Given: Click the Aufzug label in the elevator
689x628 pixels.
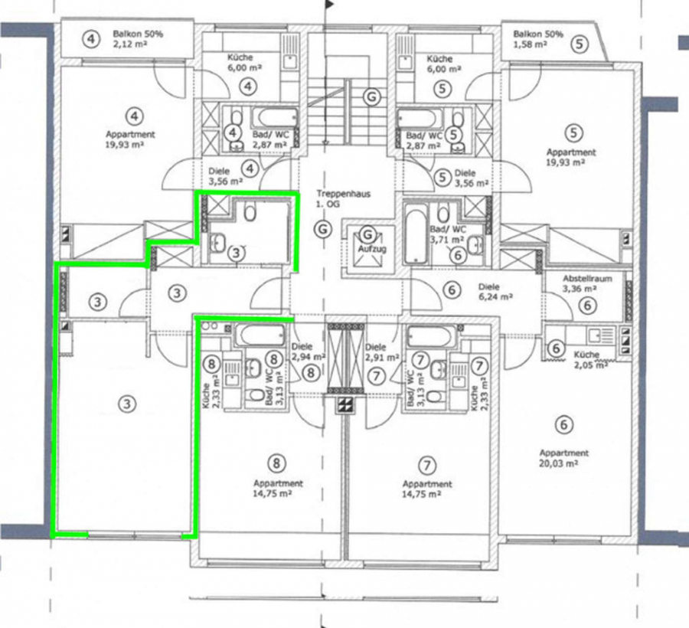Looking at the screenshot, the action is click(x=372, y=249).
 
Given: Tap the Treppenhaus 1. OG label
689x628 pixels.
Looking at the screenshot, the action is click(x=338, y=198).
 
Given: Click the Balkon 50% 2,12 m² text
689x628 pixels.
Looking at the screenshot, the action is click(x=138, y=38).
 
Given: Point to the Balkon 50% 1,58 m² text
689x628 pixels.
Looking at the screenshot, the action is click(x=538, y=39).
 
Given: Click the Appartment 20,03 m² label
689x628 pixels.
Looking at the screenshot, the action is click(x=563, y=458).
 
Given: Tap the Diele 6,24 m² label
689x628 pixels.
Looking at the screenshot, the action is click(x=495, y=292).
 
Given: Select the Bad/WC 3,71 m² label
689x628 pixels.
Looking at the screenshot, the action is click(x=447, y=234).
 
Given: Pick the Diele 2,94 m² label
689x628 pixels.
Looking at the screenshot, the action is click(x=308, y=352).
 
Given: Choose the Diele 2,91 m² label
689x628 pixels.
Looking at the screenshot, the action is click(x=382, y=352).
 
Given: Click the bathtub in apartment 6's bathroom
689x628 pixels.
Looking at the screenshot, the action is click(x=416, y=237).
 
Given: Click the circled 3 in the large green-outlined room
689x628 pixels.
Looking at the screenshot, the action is click(x=127, y=404).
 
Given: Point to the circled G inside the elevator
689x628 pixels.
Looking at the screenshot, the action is click(x=367, y=234).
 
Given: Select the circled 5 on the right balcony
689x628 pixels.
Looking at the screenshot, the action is click(x=580, y=44).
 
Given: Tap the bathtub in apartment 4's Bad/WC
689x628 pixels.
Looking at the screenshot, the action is click(x=274, y=118).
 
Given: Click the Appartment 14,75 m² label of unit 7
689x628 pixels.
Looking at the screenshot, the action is click(x=427, y=489).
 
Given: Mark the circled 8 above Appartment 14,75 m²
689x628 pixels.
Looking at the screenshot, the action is click(x=276, y=463).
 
